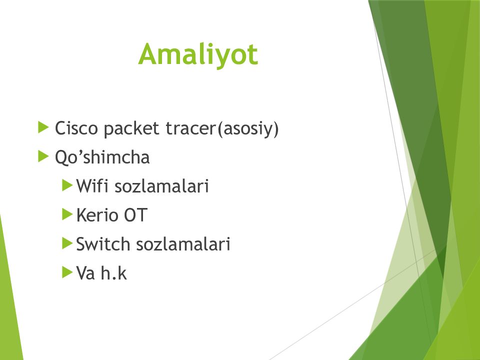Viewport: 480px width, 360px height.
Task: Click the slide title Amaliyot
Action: (x=198, y=54)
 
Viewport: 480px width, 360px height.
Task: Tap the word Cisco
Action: (x=76, y=128)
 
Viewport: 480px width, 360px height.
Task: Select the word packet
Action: (x=131, y=129)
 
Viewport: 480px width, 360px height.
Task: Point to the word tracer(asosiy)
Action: (x=222, y=129)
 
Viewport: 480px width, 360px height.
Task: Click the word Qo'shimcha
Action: (x=102, y=157)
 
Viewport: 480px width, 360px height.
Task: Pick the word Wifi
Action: (x=92, y=186)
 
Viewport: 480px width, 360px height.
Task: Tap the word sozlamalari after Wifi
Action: (x=161, y=186)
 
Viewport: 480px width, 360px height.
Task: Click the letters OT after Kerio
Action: (x=135, y=215)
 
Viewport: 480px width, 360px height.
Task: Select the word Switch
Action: (x=103, y=244)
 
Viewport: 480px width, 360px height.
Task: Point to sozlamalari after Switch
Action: (x=183, y=244)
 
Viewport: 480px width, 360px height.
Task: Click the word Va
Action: (x=85, y=273)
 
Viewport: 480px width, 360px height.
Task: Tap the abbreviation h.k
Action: (x=113, y=272)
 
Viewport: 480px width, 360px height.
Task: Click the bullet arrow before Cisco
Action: (x=43, y=127)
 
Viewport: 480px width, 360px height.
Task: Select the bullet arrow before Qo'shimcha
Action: (x=43, y=156)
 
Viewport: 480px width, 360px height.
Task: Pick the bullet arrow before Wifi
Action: (x=67, y=185)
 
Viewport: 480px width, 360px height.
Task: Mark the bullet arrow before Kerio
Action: (x=67, y=214)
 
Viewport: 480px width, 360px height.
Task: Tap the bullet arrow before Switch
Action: (x=67, y=243)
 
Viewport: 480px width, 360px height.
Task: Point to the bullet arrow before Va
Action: (x=67, y=272)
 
